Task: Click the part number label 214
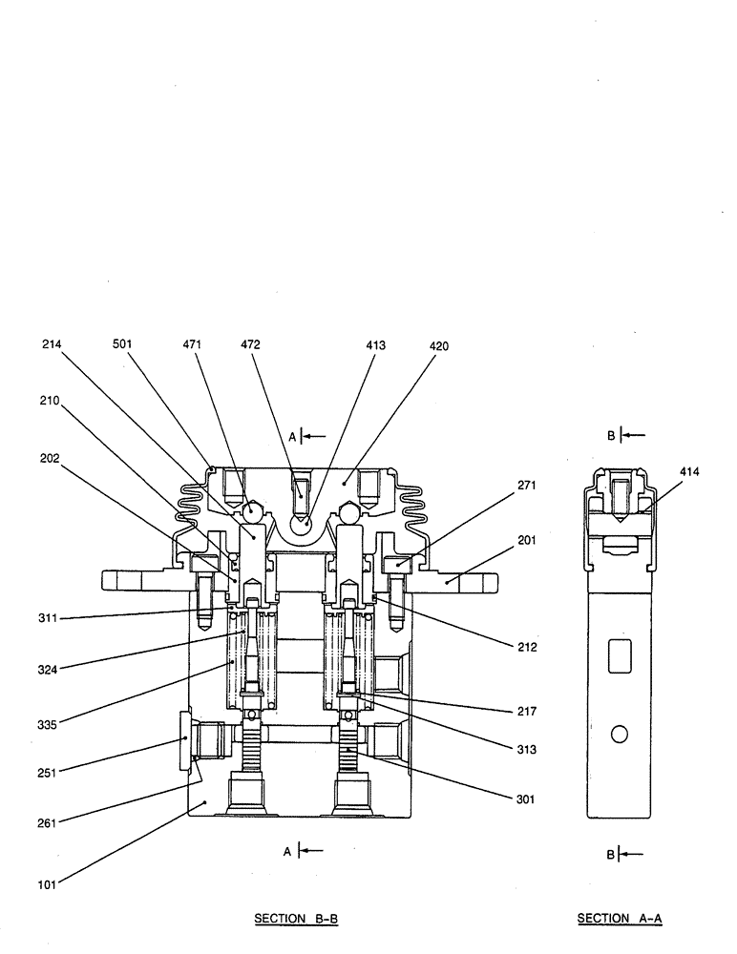pyautogui.click(x=52, y=346)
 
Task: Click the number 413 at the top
pyautogui.click(x=375, y=346)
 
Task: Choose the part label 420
pyautogui.click(x=439, y=346)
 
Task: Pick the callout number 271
pyautogui.click(x=527, y=485)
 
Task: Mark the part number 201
pyautogui.click(x=527, y=540)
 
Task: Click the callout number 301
pyautogui.click(x=528, y=799)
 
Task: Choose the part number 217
pyautogui.click(x=528, y=711)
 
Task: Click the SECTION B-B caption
pyautogui.click(x=297, y=919)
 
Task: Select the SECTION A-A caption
pyautogui.click(x=620, y=919)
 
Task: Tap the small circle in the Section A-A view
pyautogui.click(x=619, y=734)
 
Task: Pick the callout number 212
pyautogui.click(x=528, y=647)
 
